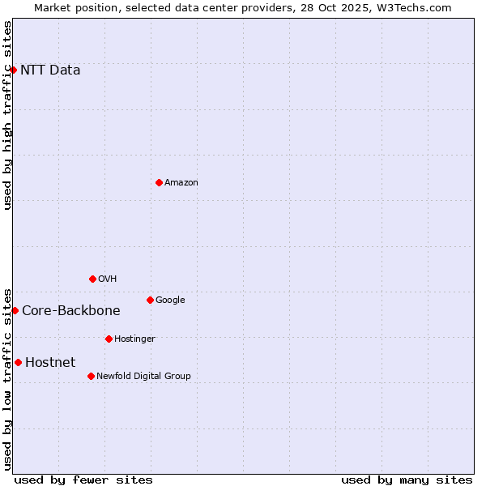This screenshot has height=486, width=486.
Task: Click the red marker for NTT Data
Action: pos(14,70)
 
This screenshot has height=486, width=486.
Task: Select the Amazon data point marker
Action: pos(159,182)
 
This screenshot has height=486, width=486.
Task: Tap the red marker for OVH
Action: pos(92,279)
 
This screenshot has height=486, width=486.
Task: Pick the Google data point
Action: pos(150,300)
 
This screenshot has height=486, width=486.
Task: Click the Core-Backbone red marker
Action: pos(15,310)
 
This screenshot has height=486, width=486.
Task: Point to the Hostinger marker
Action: pos(109,339)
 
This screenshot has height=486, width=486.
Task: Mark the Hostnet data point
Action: pos(18,362)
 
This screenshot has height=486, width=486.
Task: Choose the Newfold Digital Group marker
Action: pos(91,376)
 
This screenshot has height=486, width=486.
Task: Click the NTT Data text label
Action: pos(50,70)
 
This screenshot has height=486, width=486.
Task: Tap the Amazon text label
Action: pos(181,182)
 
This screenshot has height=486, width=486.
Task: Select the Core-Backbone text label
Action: pos(71,310)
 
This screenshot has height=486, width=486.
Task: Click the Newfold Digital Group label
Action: pos(143,376)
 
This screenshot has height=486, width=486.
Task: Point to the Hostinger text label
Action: pos(134,339)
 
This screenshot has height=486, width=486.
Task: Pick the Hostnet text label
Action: pos(50,362)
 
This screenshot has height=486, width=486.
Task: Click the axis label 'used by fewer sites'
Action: pos(83,480)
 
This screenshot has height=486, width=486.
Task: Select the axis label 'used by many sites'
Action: pos(407,480)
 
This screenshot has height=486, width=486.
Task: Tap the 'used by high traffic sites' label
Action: pos(7,115)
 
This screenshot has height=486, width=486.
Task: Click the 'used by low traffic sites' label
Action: pos(7,378)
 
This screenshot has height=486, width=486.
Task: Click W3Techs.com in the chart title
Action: pos(411,7)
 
